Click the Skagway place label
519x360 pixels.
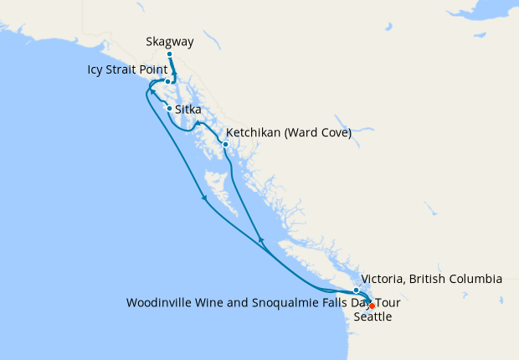pyautogui.click(x=169, y=41)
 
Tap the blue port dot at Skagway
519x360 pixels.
pyautogui.click(x=169, y=54)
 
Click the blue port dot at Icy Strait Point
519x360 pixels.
pyautogui.click(x=167, y=82)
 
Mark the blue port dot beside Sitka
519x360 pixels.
pyautogui.click(x=170, y=109)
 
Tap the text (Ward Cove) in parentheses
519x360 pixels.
pyautogui.click(x=322, y=132)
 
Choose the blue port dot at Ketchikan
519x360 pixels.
pyautogui.click(x=225, y=145)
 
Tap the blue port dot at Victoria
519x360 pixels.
pyautogui.click(x=356, y=290)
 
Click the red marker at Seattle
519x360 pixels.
pyautogui.click(x=372, y=306)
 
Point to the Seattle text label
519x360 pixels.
pyautogui.click(x=373, y=317)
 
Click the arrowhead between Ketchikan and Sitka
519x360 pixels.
pyautogui.click(x=198, y=124)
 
